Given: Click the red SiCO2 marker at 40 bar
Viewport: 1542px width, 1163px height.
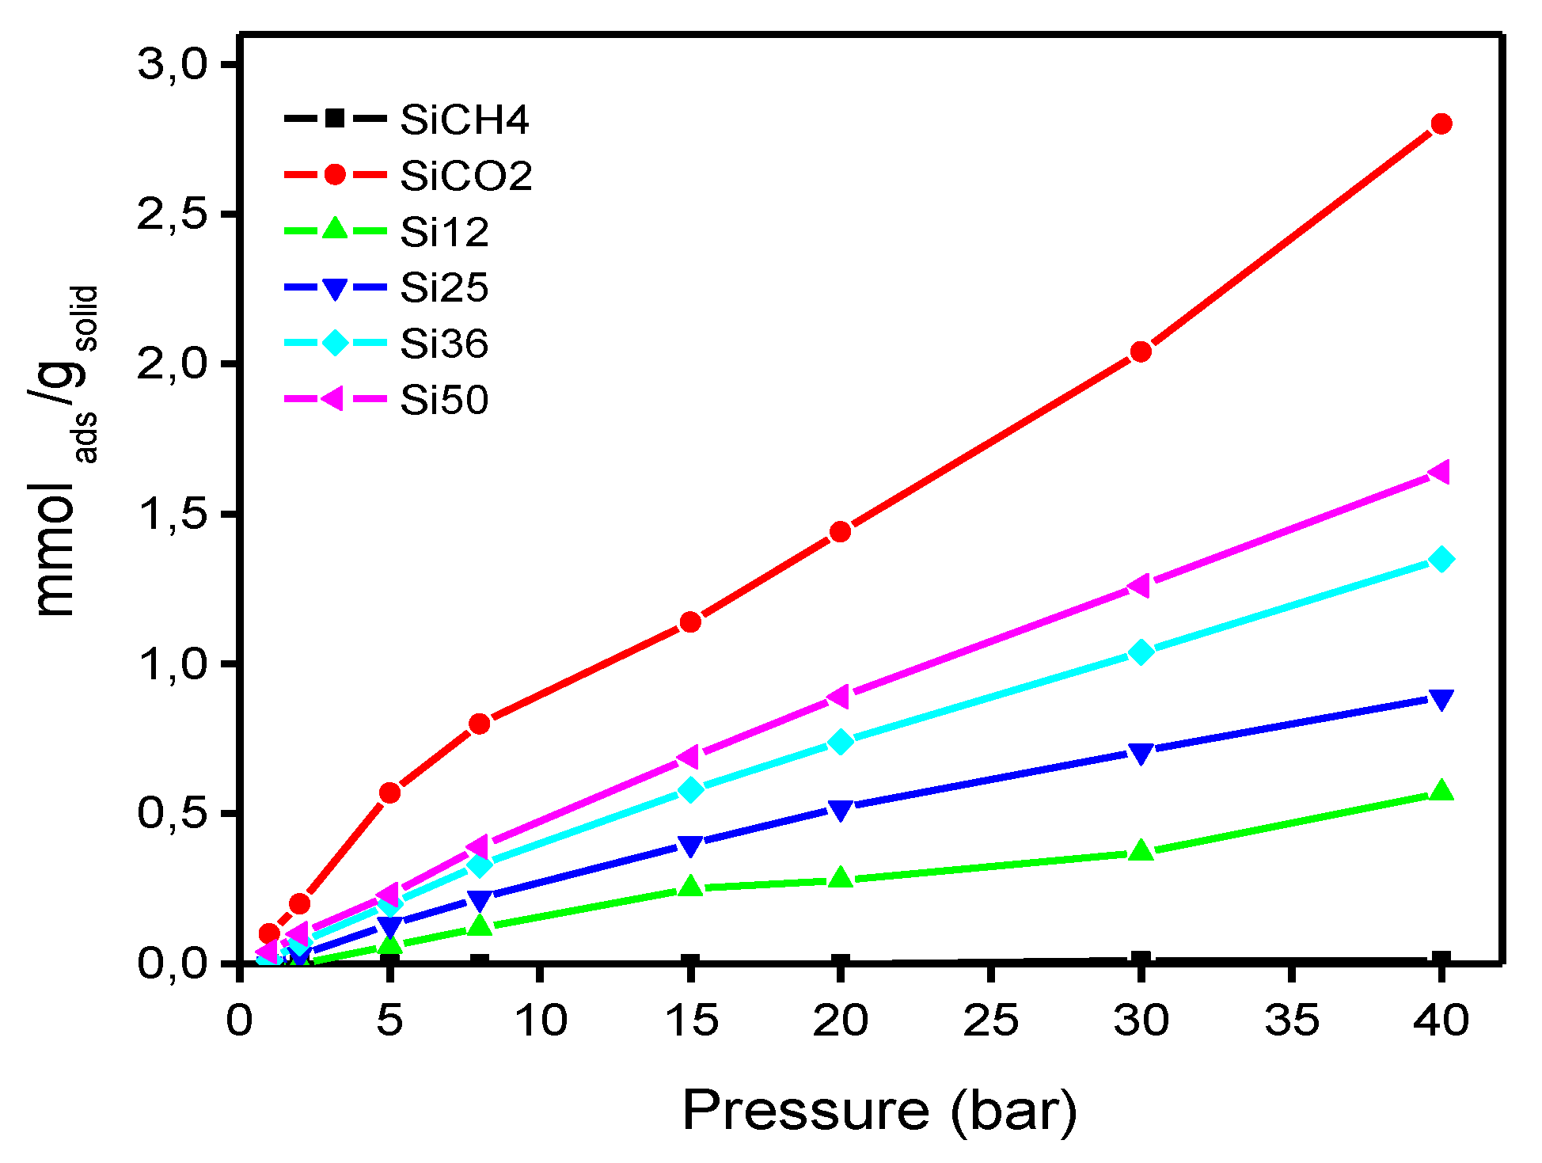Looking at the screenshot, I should pos(1441,124).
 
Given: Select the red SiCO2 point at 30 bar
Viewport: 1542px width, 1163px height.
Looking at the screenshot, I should pos(1141,352).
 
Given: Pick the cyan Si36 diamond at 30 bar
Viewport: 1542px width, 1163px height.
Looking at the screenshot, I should pos(1141,652).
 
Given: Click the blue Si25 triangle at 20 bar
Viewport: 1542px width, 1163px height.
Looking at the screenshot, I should pos(841,810).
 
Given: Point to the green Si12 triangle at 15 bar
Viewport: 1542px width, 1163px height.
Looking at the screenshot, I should pos(690,886).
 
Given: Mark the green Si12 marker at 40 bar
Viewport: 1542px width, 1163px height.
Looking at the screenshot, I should pos(1441,791).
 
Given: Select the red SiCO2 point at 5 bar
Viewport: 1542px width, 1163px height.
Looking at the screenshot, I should pos(389,792).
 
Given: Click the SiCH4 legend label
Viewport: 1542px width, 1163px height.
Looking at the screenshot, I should pos(465,120).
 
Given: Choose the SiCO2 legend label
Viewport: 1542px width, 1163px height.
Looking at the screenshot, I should pos(465,175).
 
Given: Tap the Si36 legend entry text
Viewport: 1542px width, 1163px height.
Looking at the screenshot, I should pos(443,344).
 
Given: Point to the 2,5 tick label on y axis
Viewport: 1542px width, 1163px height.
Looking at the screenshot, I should pos(173,215).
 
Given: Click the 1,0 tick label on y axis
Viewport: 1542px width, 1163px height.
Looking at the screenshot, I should pos(173,663).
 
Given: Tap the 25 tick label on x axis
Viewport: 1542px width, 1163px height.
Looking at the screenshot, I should pos(990,1020).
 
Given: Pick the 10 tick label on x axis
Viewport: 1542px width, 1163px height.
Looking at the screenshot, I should pos(541,1020).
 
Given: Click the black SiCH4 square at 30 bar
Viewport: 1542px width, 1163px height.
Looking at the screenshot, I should pos(1141,961).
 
